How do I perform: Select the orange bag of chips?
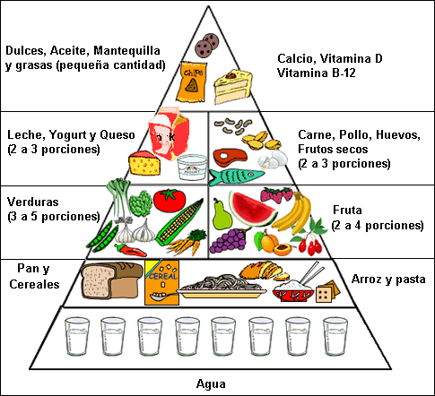(x=191, y=80)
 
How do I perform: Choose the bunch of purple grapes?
(x=235, y=240)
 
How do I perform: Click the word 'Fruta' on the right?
(x=346, y=209)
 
